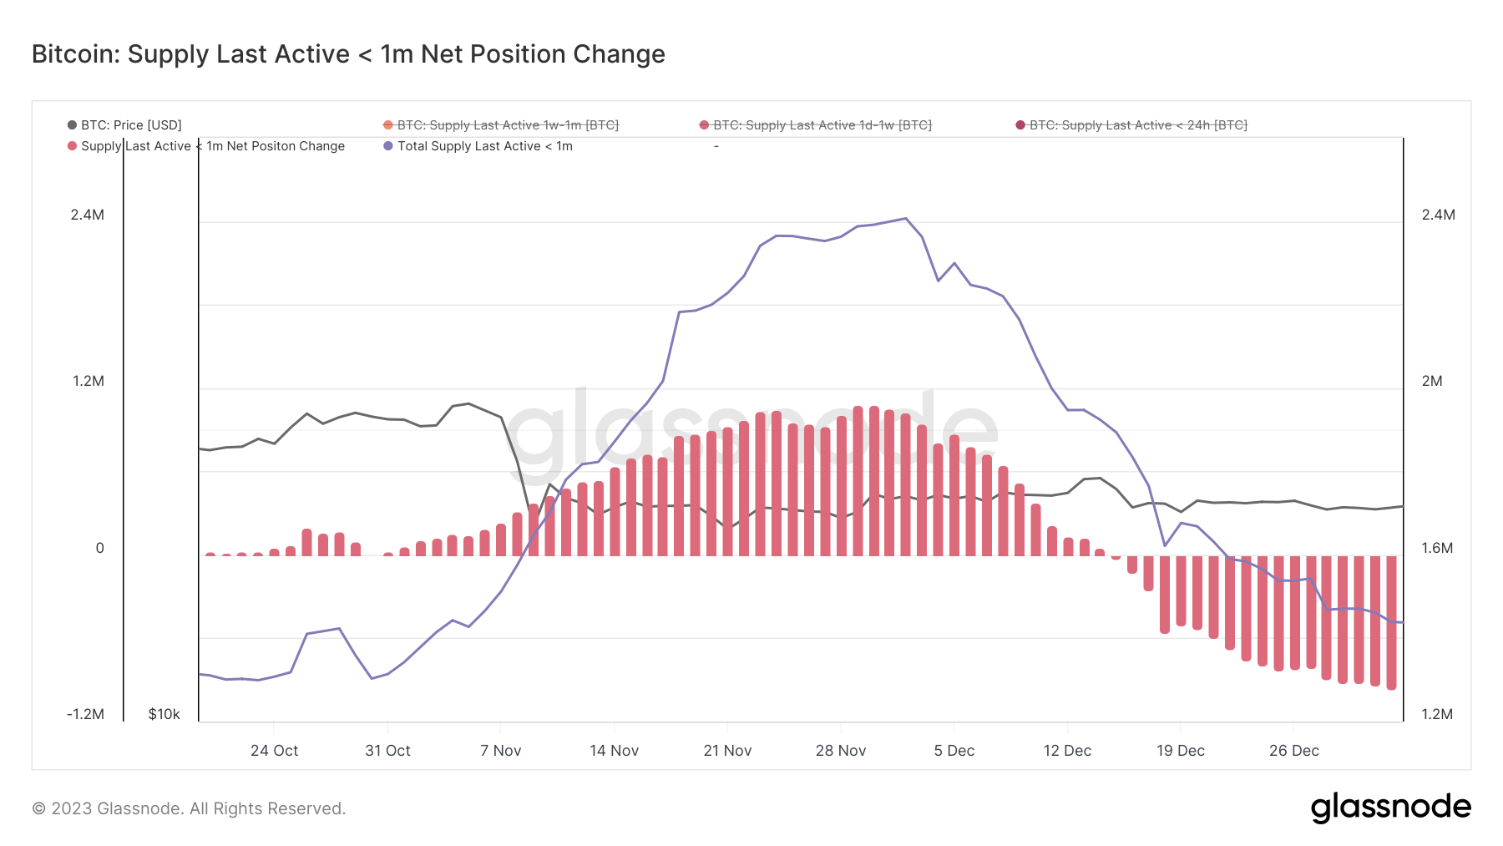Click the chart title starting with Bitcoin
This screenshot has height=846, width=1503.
pos(348,54)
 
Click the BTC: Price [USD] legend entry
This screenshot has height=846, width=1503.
pos(124,125)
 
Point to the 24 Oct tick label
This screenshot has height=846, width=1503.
pos(274,751)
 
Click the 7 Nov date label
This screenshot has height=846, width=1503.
pos(500,751)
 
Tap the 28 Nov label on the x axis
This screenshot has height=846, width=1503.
pos(840,751)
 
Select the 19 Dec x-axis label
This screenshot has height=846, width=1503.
pos(1180,751)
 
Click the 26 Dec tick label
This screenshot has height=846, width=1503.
pos(1293,751)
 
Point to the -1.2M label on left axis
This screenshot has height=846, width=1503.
pos(86,714)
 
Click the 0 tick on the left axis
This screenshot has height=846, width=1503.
pos(99,548)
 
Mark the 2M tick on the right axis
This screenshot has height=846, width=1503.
pos(1431,381)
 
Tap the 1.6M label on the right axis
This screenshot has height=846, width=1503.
pos(1437,548)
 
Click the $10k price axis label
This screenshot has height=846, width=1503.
pos(164,714)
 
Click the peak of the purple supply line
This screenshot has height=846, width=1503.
pos(906,219)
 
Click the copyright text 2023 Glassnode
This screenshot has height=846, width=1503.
pos(189,808)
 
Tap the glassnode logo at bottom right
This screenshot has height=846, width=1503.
pos(1390,808)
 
